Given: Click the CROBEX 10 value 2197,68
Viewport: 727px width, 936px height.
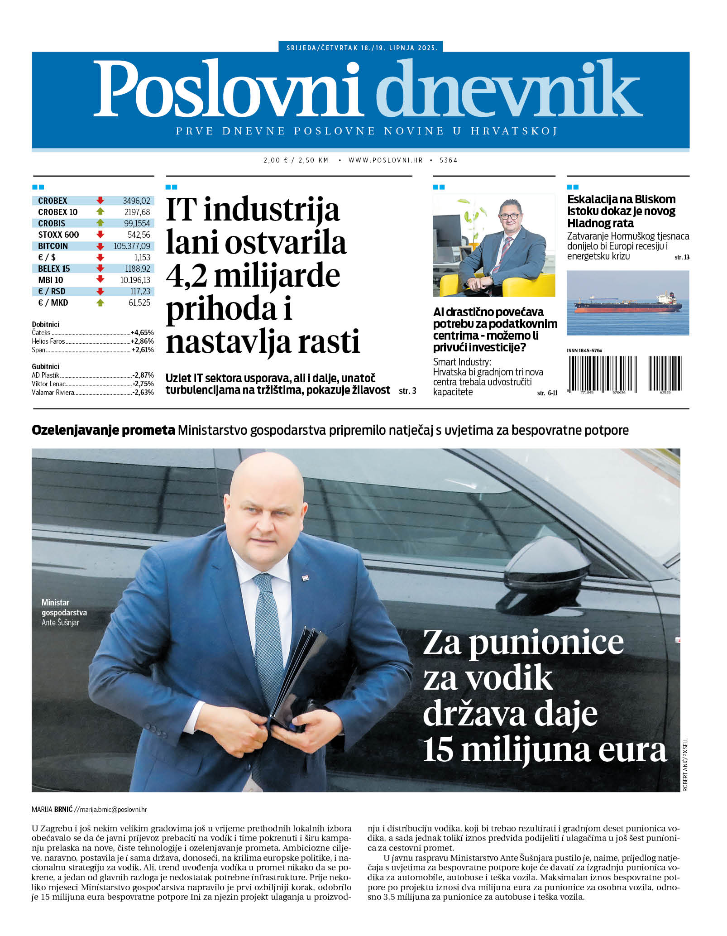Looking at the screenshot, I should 137,212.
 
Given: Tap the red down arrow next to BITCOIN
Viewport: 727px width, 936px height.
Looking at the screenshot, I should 100,246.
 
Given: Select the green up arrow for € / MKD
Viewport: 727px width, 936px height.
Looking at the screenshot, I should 100,302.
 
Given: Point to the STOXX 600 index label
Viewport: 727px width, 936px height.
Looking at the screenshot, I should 58,235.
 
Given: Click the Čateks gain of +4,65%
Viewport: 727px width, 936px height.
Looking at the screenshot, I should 142,332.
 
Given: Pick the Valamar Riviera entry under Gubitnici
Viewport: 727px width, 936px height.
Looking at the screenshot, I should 53,392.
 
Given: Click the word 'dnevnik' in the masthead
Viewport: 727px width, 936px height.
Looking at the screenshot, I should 509,89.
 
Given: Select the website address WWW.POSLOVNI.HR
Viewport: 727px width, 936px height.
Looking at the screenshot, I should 385,160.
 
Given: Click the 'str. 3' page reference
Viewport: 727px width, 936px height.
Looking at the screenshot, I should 407,390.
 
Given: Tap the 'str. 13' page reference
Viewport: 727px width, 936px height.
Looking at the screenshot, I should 682,257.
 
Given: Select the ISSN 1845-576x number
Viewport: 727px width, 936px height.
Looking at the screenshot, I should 584,350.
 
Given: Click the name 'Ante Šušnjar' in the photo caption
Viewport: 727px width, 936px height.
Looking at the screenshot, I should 60,622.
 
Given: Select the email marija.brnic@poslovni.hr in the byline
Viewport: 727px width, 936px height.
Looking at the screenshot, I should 113,809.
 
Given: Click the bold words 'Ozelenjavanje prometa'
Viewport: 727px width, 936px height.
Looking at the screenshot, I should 103,430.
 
